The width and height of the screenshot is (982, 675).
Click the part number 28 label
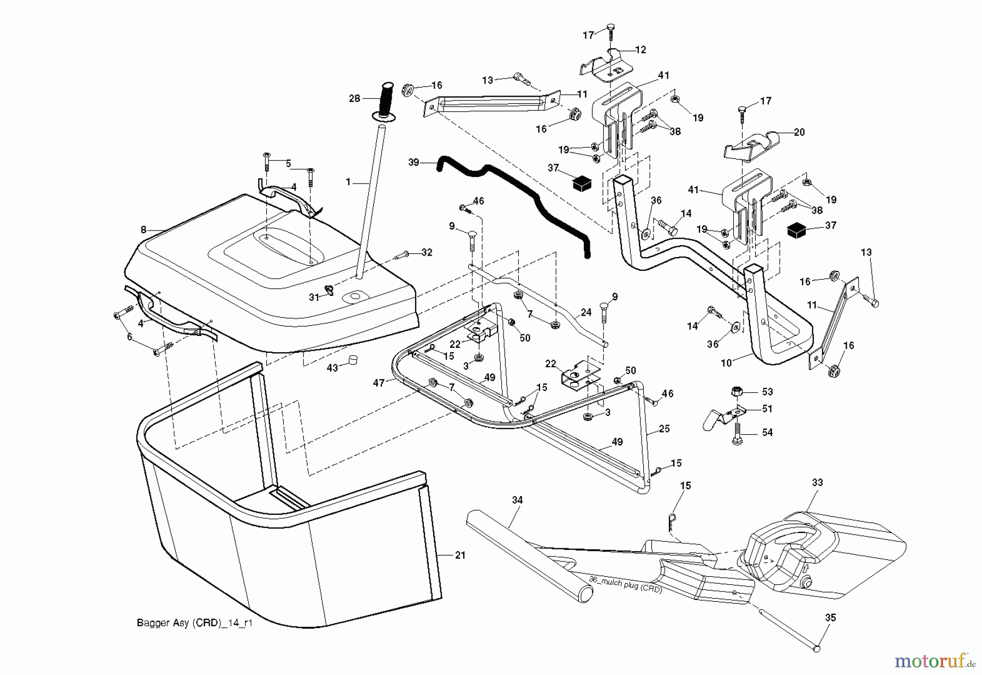(355, 98)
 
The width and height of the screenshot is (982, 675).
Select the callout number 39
(414, 162)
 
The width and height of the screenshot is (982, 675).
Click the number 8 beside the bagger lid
(143, 230)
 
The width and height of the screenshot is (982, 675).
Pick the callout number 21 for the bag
(460, 555)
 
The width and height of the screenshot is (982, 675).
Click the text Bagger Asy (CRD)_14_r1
(195, 623)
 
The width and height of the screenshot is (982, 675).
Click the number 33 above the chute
(817, 483)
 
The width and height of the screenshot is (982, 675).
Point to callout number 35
(830, 618)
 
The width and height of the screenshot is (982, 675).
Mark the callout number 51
(767, 408)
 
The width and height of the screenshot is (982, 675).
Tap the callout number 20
(799, 132)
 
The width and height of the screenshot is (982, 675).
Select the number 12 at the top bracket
(640, 50)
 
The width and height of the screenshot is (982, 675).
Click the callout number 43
(332, 369)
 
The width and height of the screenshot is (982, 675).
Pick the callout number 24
(586, 313)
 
